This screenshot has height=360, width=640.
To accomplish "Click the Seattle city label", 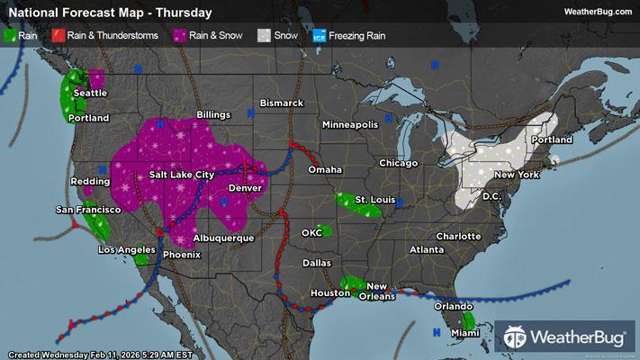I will tap(89, 93).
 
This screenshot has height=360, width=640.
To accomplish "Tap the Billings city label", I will tap(213, 116).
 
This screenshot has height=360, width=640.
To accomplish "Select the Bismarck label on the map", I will tap(282, 103).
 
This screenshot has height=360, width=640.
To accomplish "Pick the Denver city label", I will tap(245, 188).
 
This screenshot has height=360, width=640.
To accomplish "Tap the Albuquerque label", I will tap(224, 238).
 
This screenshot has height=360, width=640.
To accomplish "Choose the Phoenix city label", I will tap(181, 255).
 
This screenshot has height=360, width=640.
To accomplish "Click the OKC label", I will tap(311, 233).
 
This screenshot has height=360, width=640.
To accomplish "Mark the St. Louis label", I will tap(374, 198).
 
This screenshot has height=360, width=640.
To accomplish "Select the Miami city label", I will tap(465, 333).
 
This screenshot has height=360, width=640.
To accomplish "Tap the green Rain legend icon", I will tap(11, 35).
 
